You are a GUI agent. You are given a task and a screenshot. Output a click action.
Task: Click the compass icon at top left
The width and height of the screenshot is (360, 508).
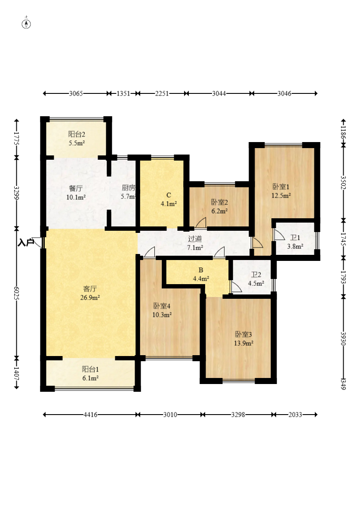(26, 23)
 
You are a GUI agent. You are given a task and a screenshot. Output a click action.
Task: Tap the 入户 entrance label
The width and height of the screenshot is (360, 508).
(26, 242)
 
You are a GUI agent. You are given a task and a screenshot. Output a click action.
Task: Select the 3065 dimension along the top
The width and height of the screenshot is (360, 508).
(76, 93)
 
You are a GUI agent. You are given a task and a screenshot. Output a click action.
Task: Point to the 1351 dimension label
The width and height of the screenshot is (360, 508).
(123, 93)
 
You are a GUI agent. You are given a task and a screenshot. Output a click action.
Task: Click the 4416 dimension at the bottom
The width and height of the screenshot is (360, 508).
(90, 415)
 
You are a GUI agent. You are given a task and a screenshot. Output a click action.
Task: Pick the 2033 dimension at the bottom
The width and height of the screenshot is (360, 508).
(295, 415)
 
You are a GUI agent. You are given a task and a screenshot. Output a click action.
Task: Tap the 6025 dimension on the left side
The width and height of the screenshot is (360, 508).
(16, 293)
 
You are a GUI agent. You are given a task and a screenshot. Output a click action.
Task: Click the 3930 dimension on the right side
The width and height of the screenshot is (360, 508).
(344, 338)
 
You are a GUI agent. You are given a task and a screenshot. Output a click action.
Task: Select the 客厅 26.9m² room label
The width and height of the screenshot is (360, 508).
(90, 293)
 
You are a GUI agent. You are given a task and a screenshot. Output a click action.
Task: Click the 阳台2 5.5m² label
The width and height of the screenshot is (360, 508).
(77, 138)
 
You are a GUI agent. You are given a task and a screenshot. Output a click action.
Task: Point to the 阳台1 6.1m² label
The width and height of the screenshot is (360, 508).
(90, 373)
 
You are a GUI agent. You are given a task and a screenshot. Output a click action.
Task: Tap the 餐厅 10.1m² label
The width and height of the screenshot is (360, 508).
(76, 192)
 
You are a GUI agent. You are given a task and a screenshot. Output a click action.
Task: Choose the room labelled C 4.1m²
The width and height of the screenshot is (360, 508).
(169, 199)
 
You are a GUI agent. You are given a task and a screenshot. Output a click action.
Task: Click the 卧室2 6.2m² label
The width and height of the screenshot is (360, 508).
(219, 206)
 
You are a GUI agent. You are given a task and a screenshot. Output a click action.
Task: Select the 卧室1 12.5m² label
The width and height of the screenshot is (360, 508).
(281, 191)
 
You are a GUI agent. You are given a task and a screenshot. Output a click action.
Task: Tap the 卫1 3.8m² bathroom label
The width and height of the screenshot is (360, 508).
(295, 242)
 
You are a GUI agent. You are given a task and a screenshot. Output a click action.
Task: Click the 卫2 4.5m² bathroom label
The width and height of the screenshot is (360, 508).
(256, 279)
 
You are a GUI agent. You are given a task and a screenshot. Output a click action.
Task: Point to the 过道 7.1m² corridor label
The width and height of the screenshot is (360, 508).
(195, 243)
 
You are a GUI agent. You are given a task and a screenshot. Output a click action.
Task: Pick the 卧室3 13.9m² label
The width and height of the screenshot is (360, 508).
(243, 338)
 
